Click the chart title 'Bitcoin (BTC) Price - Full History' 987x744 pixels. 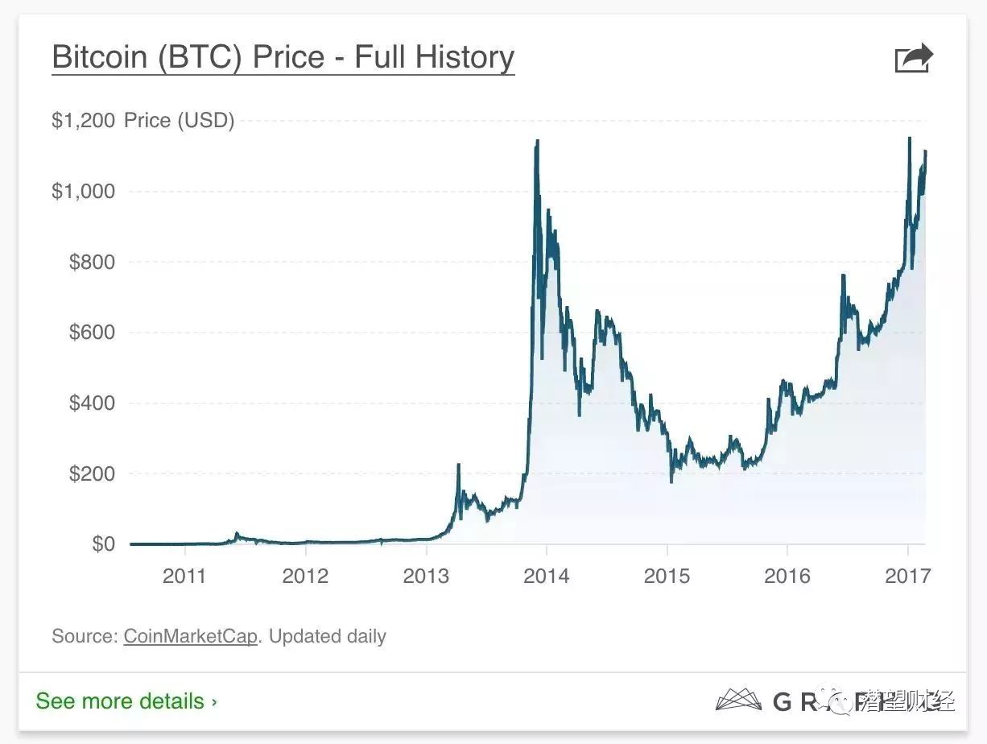coord(283,58)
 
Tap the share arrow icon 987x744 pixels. coord(914,59)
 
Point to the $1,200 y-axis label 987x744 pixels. coord(84,121)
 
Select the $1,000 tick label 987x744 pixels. coord(84,192)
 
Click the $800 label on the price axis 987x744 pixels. coord(92,262)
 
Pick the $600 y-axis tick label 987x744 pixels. coord(92,333)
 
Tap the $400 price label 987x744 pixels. coord(92,403)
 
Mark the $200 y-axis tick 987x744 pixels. coord(92,473)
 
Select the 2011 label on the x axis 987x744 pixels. coord(185,576)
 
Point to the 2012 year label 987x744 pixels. coord(306,576)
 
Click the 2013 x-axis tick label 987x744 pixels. coord(426,576)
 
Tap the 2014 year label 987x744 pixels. coord(547,576)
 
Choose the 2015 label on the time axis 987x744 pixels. coord(667,576)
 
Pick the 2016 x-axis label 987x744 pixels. coord(787,576)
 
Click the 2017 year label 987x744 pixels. coord(907,576)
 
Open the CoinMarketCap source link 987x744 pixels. coord(190,636)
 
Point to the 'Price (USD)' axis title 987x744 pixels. coord(179,121)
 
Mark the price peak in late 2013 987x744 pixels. coord(536,142)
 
